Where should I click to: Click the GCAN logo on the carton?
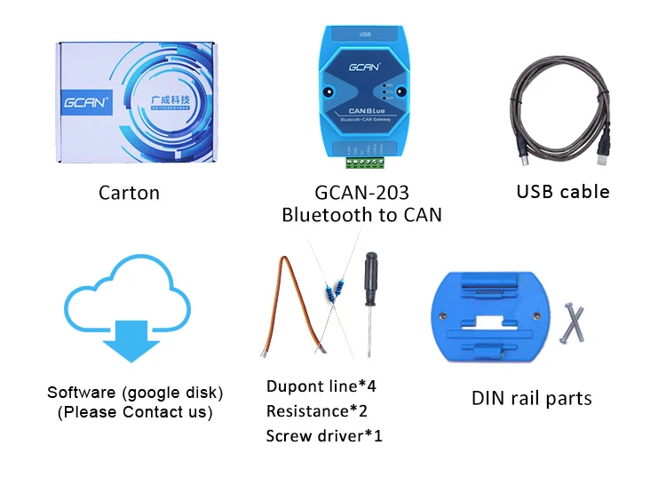85,102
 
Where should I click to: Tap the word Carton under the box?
129,192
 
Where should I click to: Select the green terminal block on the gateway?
364,160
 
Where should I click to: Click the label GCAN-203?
361,192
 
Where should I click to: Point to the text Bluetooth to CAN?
361,215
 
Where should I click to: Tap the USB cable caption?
563,191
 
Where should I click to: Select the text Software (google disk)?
135,392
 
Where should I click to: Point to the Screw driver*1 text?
324,436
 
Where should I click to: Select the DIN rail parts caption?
531,398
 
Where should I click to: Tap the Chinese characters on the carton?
171,100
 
